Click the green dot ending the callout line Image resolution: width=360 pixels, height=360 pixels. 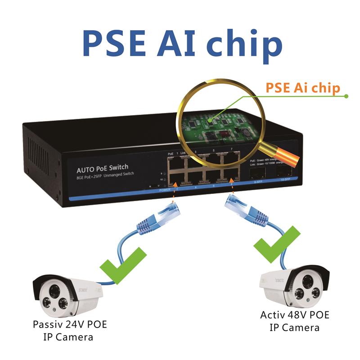(x=346, y=96)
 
